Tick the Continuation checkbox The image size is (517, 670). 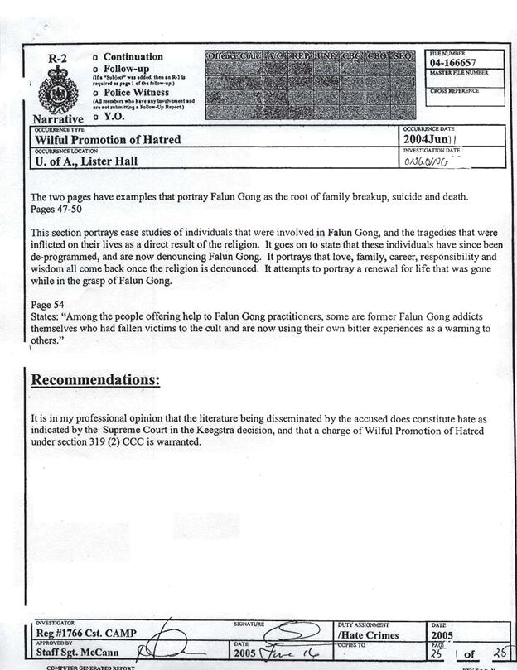[x=97, y=57]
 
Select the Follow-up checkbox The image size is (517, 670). [x=97, y=69]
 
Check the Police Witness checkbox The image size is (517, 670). [x=97, y=93]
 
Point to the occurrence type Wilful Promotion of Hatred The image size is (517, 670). [x=106, y=140]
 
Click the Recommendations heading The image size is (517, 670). [x=95, y=380]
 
